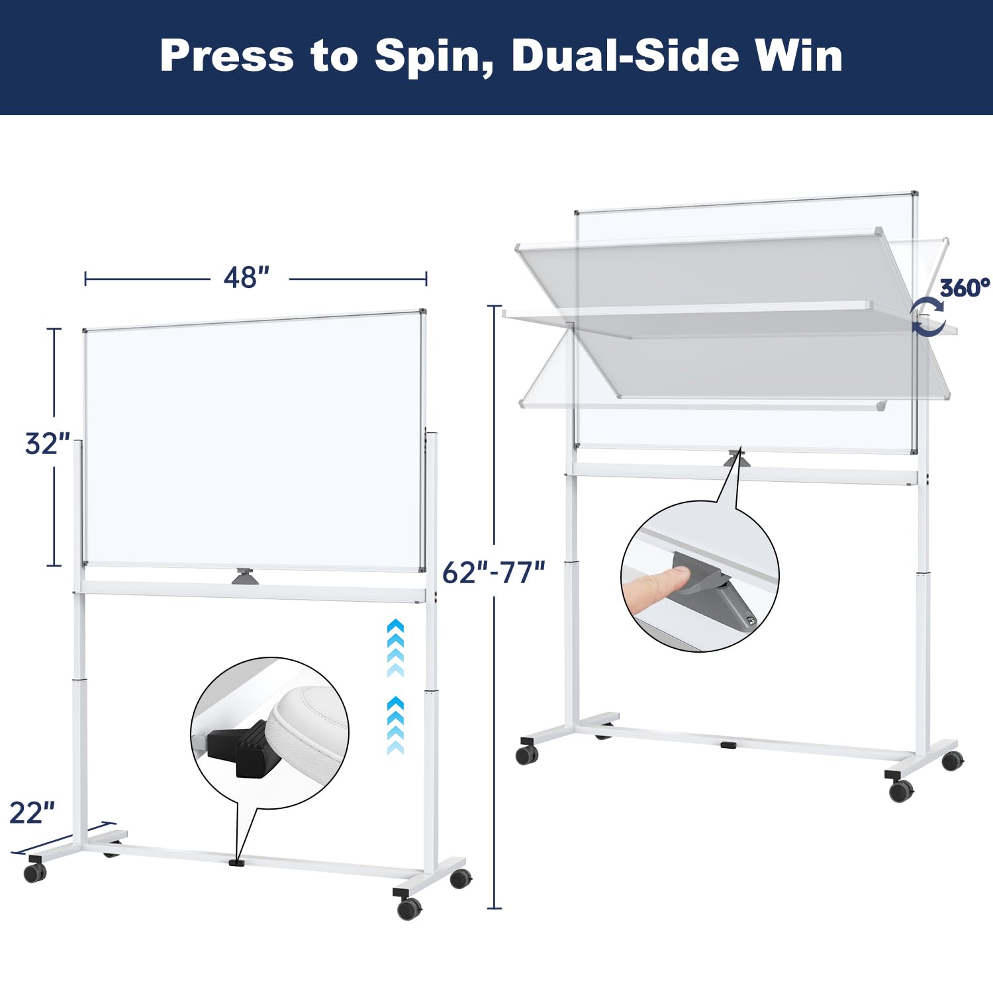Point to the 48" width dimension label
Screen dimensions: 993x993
[246, 278]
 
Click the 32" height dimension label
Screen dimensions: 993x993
[47, 444]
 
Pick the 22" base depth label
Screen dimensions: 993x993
[32, 813]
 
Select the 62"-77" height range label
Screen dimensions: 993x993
[493, 572]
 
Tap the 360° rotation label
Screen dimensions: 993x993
[965, 288]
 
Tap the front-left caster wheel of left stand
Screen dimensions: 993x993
[35, 872]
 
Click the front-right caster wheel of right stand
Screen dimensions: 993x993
[900, 789]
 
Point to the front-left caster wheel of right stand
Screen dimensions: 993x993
[527, 754]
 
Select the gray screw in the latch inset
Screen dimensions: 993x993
[750, 620]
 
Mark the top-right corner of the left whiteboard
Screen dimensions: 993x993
[422, 312]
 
